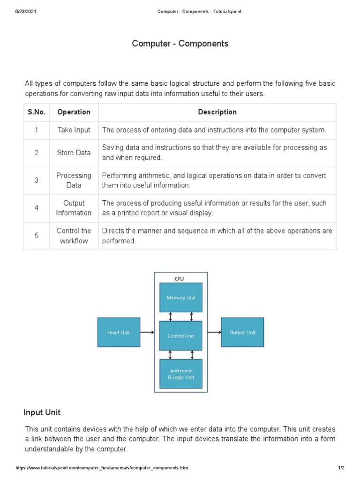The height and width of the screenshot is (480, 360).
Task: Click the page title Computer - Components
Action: tap(180, 44)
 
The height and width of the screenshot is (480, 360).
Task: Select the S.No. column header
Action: tap(36, 112)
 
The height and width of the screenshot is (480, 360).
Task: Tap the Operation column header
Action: tap(74, 112)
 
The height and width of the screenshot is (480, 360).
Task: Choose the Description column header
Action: tap(217, 112)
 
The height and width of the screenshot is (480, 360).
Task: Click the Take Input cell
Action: tap(74, 130)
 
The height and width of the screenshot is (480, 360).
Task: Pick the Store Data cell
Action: tap(74, 153)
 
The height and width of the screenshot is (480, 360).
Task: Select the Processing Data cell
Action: tap(74, 180)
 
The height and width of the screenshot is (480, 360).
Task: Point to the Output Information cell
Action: tap(74, 208)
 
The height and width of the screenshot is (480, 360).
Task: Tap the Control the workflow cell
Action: tap(74, 236)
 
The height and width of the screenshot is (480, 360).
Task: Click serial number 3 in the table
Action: tap(36, 180)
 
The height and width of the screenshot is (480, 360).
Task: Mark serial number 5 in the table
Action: tap(36, 236)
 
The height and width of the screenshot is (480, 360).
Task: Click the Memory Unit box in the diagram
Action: tap(181, 297)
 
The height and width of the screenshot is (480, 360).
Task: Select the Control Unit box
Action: tap(181, 336)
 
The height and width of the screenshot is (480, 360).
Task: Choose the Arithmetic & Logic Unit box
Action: tap(181, 374)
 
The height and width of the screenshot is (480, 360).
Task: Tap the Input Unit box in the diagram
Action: tap(119, 332)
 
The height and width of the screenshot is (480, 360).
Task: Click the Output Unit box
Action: tap(242, 332)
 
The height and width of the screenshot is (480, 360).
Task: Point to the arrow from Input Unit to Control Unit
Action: tap(147, 333)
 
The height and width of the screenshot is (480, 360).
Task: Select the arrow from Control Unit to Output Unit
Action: tap(214, 333)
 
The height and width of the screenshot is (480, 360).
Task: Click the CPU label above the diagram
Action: tap(180, 278)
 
